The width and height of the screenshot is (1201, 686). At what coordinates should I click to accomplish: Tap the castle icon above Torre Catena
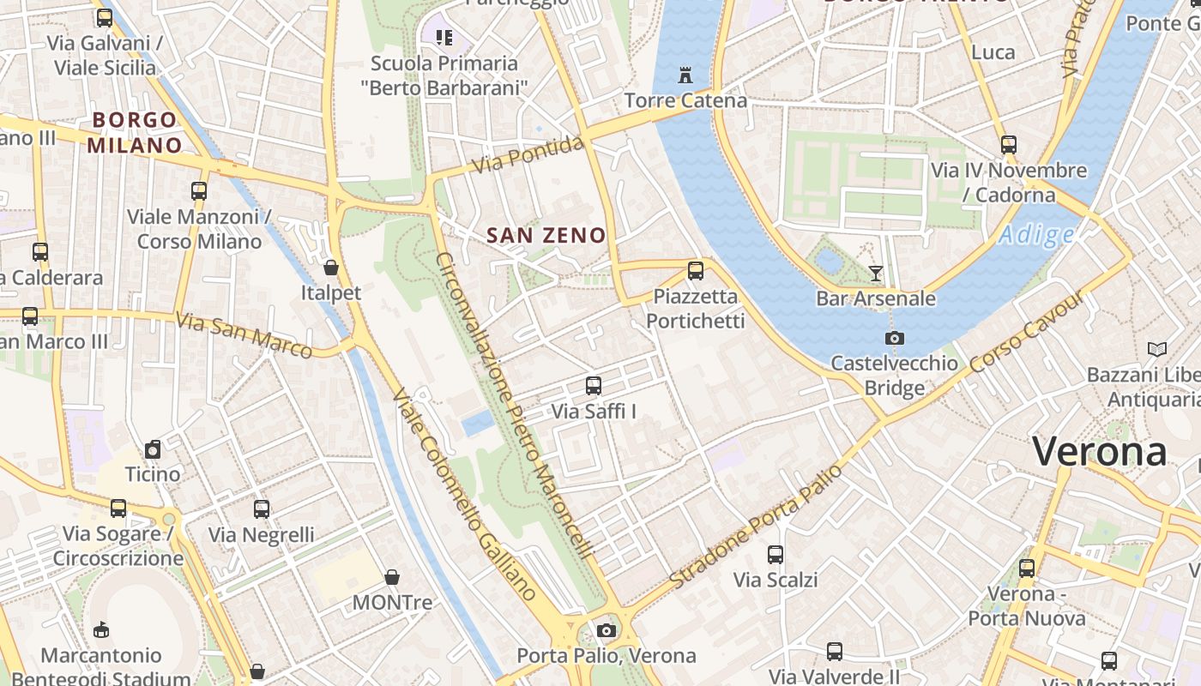[x=685, y=75]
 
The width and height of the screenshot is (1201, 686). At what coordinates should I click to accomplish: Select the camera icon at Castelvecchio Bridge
[x=895, y=338]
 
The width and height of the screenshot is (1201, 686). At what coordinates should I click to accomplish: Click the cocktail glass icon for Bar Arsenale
[x=875, y=274]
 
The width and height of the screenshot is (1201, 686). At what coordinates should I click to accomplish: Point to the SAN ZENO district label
[x=546, y=235]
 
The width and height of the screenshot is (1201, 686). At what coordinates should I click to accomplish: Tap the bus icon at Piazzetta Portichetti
[x=695, y=271]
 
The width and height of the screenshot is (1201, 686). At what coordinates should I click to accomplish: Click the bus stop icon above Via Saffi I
[x=593, y=386]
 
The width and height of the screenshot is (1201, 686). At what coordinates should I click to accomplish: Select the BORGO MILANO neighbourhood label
[x=135, y=132]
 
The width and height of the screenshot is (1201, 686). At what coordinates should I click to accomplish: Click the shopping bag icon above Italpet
[x=331, y=268]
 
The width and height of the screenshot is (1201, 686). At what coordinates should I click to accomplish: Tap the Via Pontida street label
[x=527, y=156]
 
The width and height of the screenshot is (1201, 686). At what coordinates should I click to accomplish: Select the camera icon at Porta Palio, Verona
[x=606, y=631]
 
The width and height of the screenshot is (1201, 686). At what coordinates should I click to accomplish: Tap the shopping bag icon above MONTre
[x=392, y=577]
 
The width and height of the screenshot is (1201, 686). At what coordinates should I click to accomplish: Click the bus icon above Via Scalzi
[x=776, y=555]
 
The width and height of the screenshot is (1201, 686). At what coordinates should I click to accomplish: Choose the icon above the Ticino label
[x=153, y=449]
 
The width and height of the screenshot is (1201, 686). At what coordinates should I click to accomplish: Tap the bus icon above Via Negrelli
[x=262, y=509]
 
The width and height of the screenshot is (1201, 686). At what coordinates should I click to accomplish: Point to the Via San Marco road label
[x=244, y=335]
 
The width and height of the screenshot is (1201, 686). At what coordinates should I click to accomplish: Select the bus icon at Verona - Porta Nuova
[x=1026, y=568]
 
